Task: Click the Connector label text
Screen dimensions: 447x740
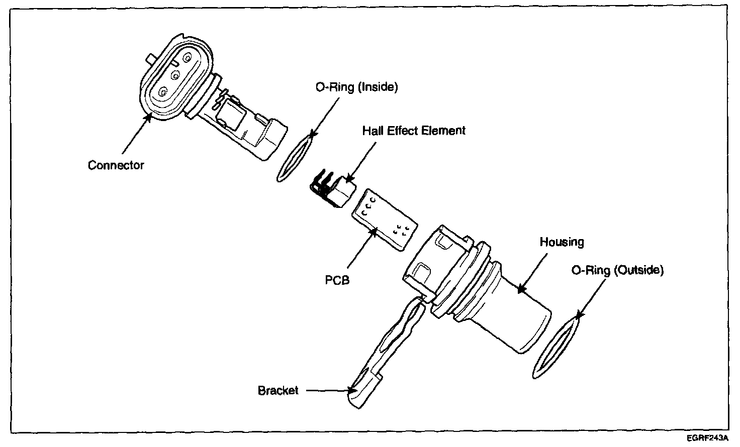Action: [x=116, y=165]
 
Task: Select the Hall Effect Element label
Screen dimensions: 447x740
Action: [x=414, y=131]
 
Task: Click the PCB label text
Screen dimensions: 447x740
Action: [x=337, y=280]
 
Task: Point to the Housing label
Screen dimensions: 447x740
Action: [x=562, y=242]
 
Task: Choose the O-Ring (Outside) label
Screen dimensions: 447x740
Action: [x=617, y=270]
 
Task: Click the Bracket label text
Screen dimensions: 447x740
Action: [x=278, y=390]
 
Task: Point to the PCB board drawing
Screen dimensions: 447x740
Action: [x=385, y=218]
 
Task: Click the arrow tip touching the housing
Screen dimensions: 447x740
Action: [x=521, y=289]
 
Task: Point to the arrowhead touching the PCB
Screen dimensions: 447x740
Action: [x=373, y=231]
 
